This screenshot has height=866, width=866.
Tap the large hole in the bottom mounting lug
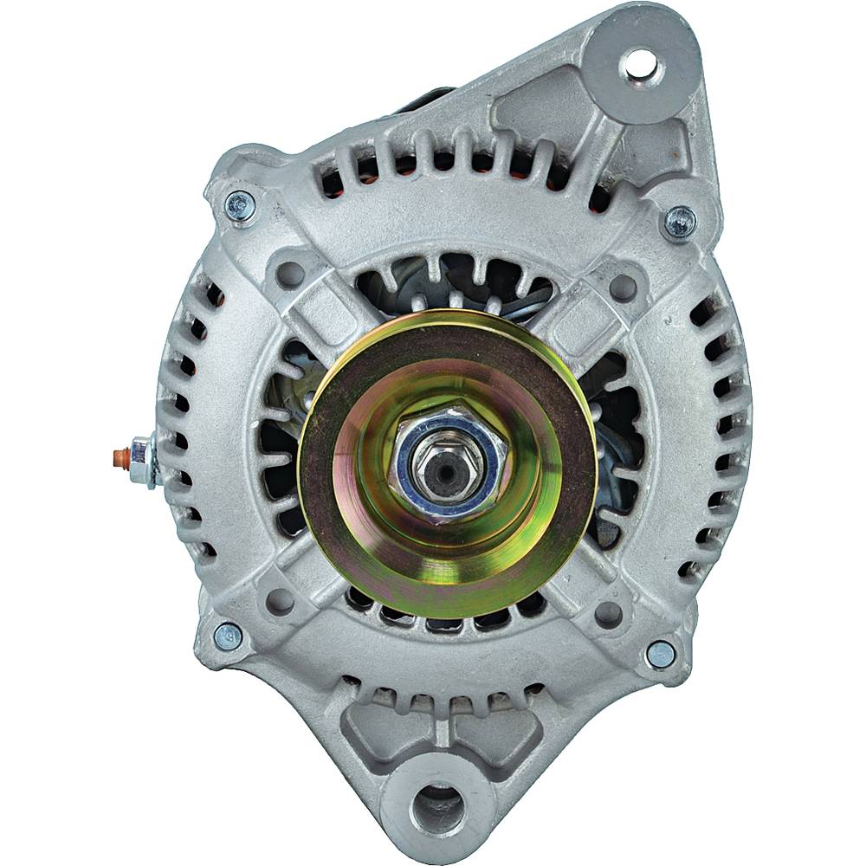[434, 805]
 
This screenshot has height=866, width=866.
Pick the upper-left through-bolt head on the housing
[240, 205]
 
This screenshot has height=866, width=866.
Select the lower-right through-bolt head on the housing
[661, 654]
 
